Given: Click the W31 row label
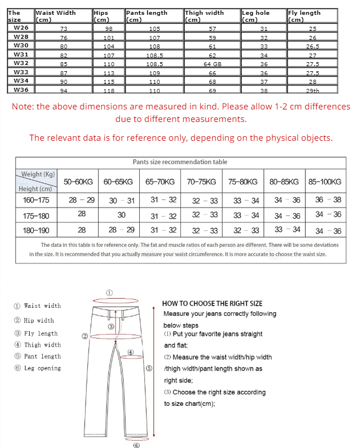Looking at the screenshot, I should pyautogui.click(x=21, y=55).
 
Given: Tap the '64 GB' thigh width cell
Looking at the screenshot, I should pyautogui.click(x=212, y=64).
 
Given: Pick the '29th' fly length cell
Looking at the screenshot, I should pyautogui.click(x=313, y=91).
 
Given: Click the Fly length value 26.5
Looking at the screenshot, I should pyautogui.click(x=313, y=46).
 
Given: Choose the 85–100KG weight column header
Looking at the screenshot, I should pyautogui.click(x=325, y=182).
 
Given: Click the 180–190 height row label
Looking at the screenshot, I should pyautogui.click(x=36, y=230).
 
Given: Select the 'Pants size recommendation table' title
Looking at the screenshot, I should pyautogui.click(x=180, y=162).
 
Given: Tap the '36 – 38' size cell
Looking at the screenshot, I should pyautogui.click(x=328, y=199).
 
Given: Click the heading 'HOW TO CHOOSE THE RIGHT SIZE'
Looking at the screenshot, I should pyautogui.click(x=212, y=304).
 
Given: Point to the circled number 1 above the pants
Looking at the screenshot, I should pyautogui.click(x=110, y=292).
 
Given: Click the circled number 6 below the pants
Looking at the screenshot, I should pyautogui.click(x=136, y=445).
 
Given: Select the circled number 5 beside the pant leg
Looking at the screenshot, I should pyautogui.click(x=149, y=368).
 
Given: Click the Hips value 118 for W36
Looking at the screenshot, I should pyautogui.click(x=109, y=91).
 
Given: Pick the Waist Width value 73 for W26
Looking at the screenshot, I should pyautogui.click(x=63, y=28).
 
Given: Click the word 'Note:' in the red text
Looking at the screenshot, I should pyautogui.click(x=23, y=107).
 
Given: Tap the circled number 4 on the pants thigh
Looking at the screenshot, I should pyautogui.click(x=131, y=352).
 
